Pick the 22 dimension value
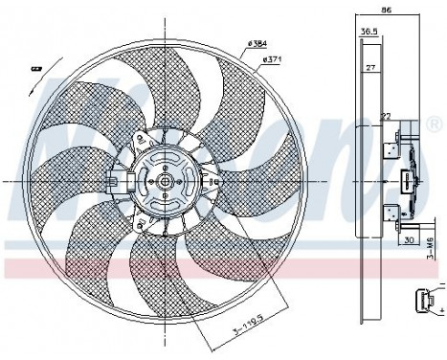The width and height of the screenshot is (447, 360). click(x=385, y=116)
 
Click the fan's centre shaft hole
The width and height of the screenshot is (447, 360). click(x=165, y=181)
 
